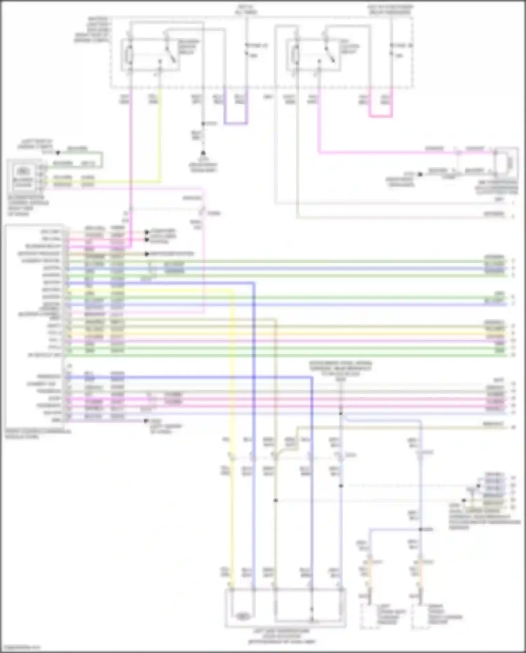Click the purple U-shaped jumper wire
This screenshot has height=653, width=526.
tap(236, 123)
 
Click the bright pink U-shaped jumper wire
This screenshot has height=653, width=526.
tap(380, 116)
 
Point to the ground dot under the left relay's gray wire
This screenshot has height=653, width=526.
tap(203, 153)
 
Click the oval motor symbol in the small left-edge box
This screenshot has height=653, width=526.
tap(23, 171)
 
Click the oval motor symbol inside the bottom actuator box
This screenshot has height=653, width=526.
tap(242, 615)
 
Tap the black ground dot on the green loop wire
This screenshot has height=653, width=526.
tap(58, 153)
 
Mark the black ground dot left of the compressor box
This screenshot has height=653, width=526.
tap(420, 174)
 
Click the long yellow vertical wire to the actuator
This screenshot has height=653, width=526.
tap(232, 421)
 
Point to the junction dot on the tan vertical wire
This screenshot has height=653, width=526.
tap(276, 500)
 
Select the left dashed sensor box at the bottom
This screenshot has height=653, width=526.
tap(369, 616)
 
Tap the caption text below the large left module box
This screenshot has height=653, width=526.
tap(37, 434)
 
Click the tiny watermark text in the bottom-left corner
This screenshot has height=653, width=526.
tap(20, 648)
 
